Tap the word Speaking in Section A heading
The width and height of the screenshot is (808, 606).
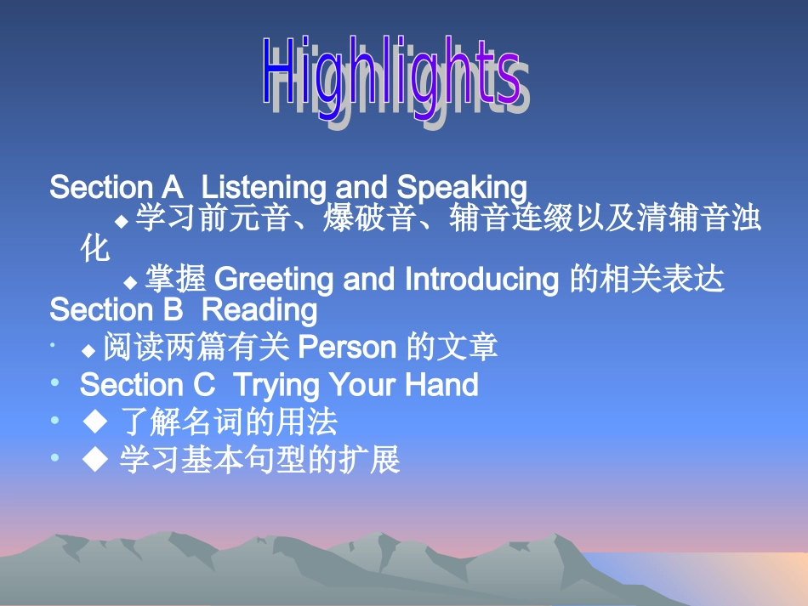pyautogui.click(x=462, y=187)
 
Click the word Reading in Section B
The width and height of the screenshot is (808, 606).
pyautogui.click(x=260, y=309)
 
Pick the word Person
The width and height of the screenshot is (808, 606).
pyautogui.click(x=349, y=348)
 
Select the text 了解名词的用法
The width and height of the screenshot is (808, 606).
pyautogui.click(x=230, y=422)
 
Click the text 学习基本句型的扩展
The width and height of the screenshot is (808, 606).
pyautogui.click(x=259, y=461)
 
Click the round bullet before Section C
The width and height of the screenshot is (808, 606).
pyautogui.click(x=55, y=383)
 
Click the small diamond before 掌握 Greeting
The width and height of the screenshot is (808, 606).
pyautogui.click(x=130, y=281)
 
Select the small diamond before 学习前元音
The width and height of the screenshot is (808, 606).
pyautogui.click(x=122, y=221)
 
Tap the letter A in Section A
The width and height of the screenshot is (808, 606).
pyautogui.click(x=171, y=187)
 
